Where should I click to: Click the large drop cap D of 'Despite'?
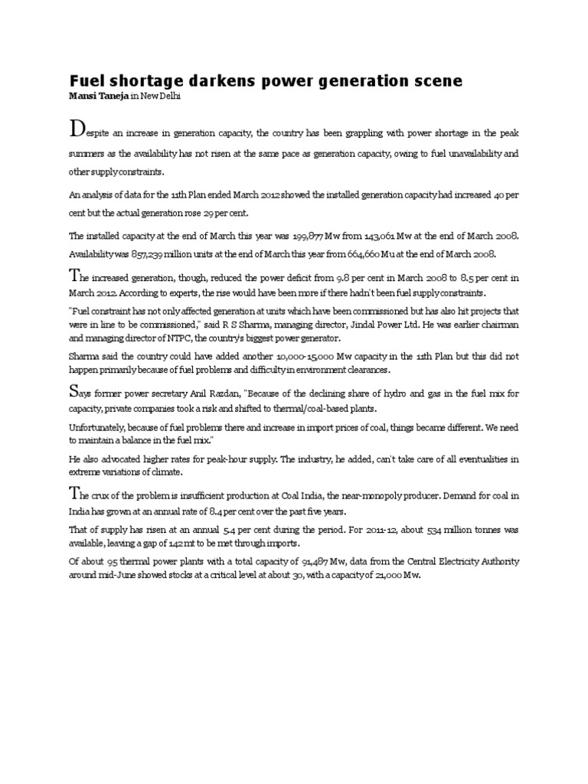pyautogui.click(x=77, y=126)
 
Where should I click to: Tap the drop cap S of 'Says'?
pyautogui.click(x=73, y=392)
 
